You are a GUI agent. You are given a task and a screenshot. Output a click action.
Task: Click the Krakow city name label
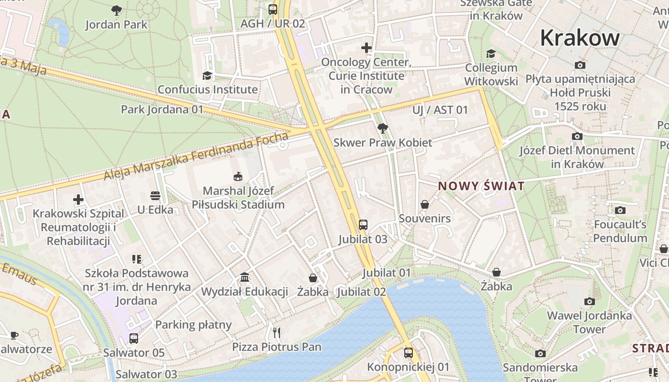pos(580,38)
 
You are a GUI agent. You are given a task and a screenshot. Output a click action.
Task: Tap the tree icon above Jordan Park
pos(116,10)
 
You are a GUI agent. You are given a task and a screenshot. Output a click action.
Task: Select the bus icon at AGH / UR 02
pos(273,9)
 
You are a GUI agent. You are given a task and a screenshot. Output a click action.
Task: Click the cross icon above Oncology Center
pos(367,48)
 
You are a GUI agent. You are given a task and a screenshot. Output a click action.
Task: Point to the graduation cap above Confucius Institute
pos(207,75)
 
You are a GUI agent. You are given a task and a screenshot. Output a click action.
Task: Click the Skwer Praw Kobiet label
pos(382,142)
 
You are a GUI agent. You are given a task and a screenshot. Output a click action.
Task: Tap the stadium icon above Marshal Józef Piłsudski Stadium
pos(238,177)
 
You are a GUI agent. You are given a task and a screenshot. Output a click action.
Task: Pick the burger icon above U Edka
pos(155,195)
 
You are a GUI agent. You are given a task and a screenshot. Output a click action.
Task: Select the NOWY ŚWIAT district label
pos(481,186)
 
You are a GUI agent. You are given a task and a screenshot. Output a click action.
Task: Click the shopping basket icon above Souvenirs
pos(424,204)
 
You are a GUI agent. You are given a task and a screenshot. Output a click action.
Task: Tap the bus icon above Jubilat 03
pos(363,224)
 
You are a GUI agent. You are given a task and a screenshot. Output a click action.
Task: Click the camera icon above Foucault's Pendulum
pos(620,210)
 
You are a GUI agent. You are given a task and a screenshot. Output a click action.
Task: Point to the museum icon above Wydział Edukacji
pos(245,277)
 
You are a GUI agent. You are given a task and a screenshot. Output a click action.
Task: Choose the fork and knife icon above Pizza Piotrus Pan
pos(277,332)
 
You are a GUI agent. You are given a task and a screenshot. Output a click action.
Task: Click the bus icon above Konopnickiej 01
pos(408,353)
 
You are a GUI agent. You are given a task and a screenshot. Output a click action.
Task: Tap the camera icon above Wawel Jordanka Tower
pos(589,301)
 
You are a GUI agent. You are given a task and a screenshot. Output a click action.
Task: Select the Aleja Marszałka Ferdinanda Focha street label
pos(196,157)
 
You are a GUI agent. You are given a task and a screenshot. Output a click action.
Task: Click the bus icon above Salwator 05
pos(134,339)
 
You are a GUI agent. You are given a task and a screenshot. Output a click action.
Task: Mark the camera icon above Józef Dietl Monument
pos(577,137)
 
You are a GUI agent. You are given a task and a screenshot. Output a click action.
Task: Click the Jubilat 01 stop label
pos(386,273)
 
